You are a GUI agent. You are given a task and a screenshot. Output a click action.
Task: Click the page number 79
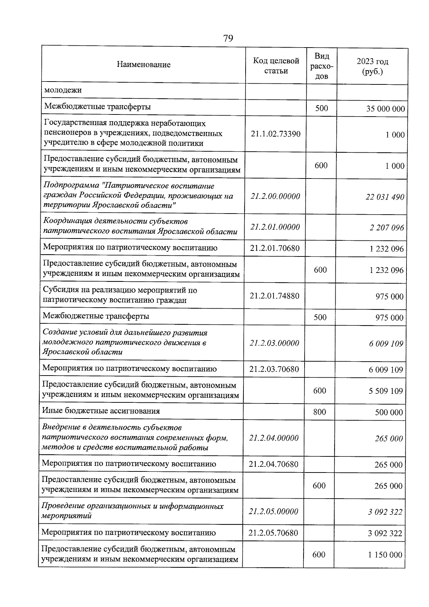(x=228, y=38)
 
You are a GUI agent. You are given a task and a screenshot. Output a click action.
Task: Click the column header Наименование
(x=143, y=65)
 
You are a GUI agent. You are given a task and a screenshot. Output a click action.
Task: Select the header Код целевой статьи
(x=276, y=65)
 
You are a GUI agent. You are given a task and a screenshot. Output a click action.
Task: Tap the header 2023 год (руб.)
(x=372, y=67)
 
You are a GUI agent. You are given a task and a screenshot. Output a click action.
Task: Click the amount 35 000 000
(x=385, y=109)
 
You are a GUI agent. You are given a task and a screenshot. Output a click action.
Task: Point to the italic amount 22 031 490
(x=385, y=197)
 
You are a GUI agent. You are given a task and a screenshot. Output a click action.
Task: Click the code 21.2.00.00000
(x=275, y=196)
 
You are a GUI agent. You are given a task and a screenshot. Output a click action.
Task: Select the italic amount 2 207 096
(x=386, y=228)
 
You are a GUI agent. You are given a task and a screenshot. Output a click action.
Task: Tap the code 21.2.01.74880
(x=275, y=296)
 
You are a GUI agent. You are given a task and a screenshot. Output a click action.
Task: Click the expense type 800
(x=319, y=412)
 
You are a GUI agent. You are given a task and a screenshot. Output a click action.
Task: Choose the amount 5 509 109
(x=386, y=391)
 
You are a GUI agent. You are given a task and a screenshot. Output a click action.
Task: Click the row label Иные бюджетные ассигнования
(x=101, y=411)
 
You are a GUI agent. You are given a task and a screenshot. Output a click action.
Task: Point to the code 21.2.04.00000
(x=274, y=438)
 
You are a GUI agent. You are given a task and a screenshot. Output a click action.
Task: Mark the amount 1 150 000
(x=385, y=555)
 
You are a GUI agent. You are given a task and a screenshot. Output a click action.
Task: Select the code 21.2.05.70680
(x=273, y=533)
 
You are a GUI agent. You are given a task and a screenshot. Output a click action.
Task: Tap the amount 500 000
(x=389, y=412)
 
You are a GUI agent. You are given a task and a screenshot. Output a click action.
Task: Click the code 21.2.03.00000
(x=274, y=343)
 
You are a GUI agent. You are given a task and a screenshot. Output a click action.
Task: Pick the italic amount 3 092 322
(x=385, y=512)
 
